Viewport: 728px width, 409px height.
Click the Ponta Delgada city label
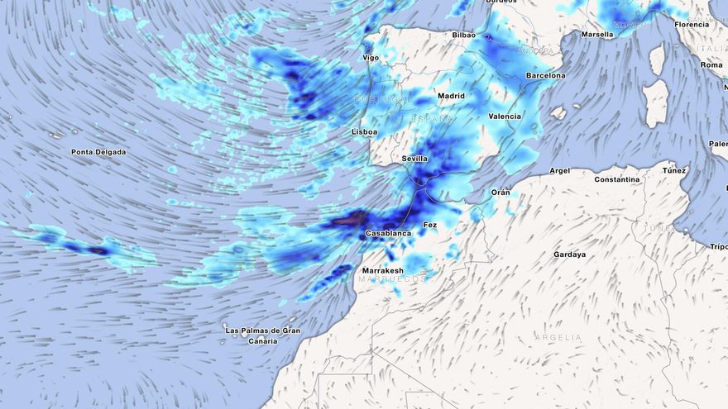tap(98, 152)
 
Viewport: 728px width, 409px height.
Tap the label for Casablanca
tap(388, 234)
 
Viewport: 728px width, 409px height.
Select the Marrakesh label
tap(382, 270)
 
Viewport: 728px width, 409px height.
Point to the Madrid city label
tap(451, 96)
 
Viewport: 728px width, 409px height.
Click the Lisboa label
tap(364, 131)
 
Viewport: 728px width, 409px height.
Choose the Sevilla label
tap(414, 158)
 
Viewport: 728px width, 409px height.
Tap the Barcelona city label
tap(545, 75)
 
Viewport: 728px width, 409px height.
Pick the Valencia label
tap(505, 117)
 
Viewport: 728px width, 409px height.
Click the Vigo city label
tap(371, 58)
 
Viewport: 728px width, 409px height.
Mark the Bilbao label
tap(464, 36)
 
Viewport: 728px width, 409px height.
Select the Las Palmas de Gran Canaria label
tap(262, 335)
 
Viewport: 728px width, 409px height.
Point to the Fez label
tap(430, 225)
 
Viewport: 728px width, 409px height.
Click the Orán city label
tap(500, 193)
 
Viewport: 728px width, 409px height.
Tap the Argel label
tap(560, 171)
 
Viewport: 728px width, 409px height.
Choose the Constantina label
tap(617, 179)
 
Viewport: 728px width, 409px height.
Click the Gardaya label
tap(569, 254)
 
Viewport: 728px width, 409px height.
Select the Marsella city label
tap(597, 35)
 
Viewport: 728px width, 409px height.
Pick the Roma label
tap(711, 64)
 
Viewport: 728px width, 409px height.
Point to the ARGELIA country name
tap(558, 338)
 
